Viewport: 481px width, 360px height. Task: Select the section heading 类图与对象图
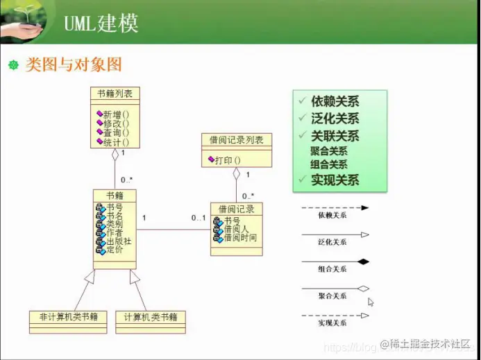(x=74, y=65)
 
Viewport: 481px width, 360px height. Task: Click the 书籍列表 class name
(x=115, y=93)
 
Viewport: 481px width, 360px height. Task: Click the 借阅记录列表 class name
(x=236, y=140)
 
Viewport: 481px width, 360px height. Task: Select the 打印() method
(x=227, y=160)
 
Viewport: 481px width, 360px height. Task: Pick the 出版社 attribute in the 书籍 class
(x=119, y=241)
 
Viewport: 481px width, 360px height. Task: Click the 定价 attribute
(x=115, y=250)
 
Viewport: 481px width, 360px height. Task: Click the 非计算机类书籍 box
(x=68, y=318)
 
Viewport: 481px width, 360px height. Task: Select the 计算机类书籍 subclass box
(x=150, y=318)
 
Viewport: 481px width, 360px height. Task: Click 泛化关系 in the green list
(x=335, y=119)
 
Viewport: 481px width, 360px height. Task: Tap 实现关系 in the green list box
(x=335, y=180)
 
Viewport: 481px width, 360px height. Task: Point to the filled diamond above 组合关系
(x=362, y=262)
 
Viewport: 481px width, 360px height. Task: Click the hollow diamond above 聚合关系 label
(x=362, y=288)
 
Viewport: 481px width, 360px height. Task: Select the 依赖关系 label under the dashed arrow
(x=332, y=215)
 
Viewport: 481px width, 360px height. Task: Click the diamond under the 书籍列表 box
(x=115, y=155)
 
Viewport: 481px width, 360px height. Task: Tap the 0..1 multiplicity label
(x=199, y=218)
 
